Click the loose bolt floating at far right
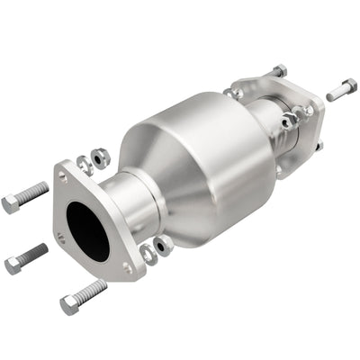point(342,91)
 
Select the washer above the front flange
point(85,164)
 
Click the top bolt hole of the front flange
point(63,177)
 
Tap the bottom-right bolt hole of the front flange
point(127,267)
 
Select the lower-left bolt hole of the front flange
point(60,238)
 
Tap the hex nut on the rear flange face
point(289,121)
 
